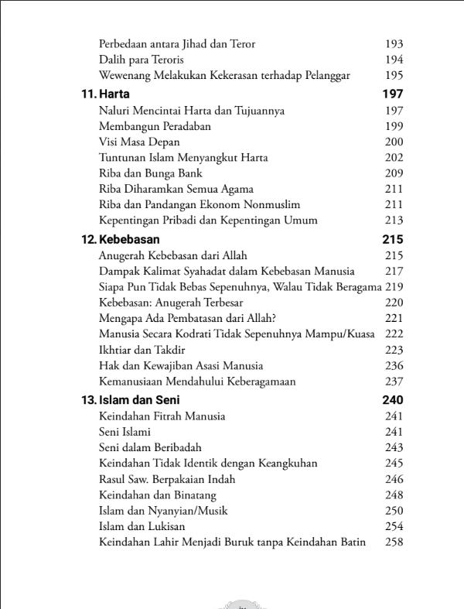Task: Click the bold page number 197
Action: [393, 94]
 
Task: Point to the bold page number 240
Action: [393, 400]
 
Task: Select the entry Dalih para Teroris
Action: [142, 60]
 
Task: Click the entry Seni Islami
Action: [125, 432]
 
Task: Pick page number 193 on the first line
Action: [394, 44]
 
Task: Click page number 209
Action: [394, 173]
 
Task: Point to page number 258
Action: [394, 542]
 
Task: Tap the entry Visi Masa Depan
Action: [139, 142]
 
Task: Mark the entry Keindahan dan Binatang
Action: [158, 494]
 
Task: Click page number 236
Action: [394, 365]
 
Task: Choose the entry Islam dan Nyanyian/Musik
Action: [163, 511]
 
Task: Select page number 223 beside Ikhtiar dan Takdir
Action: [394, 350]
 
